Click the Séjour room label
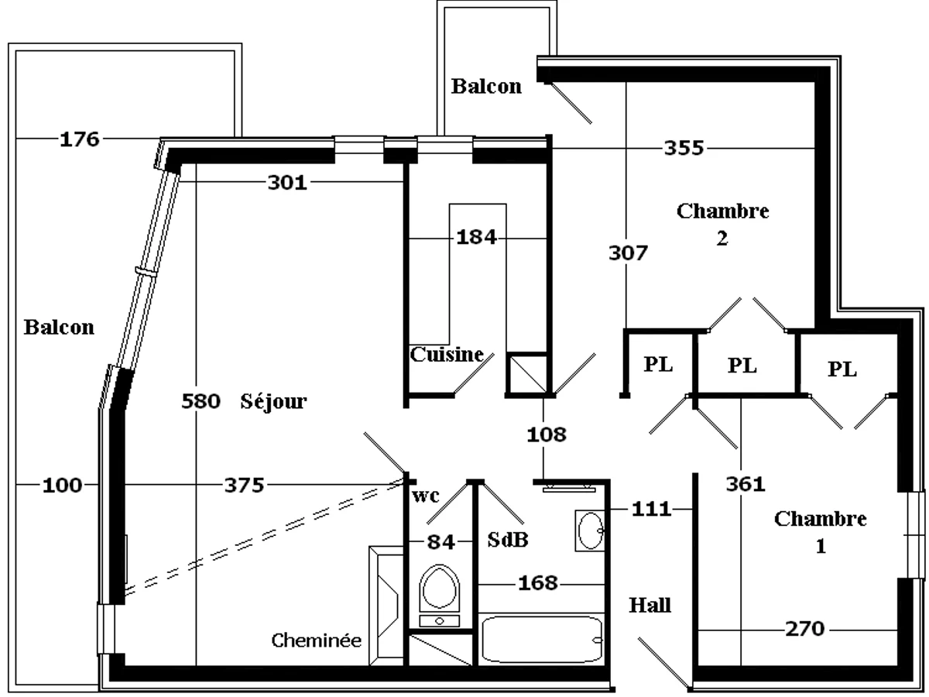tap(273, 402)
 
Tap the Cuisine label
tap(447, 355)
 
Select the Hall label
tap(650, 606)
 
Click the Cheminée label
tap(316, 640)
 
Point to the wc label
tap(425, 496)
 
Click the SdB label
tap(508, 540)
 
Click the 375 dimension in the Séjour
tap(244, 486)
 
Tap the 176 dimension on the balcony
tap(81, 139)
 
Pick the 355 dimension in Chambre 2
tap(684, 148)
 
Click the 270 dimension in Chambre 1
tap(804, 629)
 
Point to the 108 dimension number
tap(547, 434)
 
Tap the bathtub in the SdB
tap(541, 640)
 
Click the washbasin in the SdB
tap(590, 531)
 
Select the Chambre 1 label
tap(821, 531)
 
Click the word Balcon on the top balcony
tap(486, 87)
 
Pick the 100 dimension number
tap(62, 486)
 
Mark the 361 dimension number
tap(746, 484)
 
